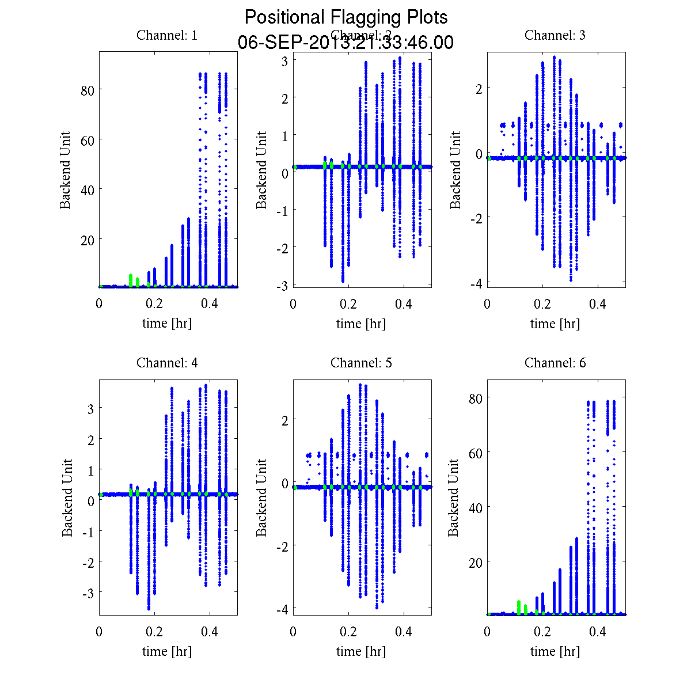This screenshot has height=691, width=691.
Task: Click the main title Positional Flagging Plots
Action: coord(345,17)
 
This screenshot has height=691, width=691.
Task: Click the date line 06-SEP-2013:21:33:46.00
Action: coord(345,43)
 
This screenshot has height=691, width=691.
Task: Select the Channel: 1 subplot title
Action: coord(167,35)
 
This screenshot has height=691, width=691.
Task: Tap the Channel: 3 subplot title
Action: coord(555,35)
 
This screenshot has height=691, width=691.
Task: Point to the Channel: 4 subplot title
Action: coord(167,363)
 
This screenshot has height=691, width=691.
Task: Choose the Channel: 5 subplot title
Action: coord(361,363)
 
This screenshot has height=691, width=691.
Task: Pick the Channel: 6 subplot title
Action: coord(555,363)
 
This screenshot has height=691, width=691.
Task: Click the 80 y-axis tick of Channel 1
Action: coord(88,90)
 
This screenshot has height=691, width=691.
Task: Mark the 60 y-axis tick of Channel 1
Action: coord(88,139)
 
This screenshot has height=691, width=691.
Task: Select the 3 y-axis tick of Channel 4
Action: coord(90,408)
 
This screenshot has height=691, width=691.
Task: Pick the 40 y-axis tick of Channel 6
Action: coord(475,507)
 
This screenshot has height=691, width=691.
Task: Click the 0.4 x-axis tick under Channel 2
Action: coord(404,304)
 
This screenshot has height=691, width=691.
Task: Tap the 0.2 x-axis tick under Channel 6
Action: coord(542,632)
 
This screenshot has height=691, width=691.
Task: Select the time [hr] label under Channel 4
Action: coord(167,651)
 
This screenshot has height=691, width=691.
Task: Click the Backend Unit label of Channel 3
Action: coord(455,170)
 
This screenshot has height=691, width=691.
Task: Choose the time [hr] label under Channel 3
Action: coord(555,324)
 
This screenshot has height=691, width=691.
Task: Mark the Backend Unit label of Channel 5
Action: coord(261,498)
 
